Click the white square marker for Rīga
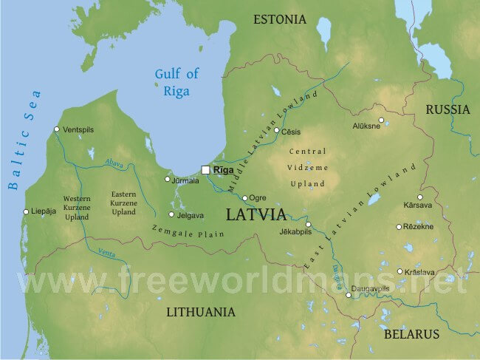205,170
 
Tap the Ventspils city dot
57,129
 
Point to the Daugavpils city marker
349,296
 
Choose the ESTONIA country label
279,19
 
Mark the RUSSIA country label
448,109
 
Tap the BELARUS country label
412,334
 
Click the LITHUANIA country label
200,311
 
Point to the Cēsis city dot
277,131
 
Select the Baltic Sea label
25,140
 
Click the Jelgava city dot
171,215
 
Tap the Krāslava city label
419,272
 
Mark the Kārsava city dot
420,197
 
